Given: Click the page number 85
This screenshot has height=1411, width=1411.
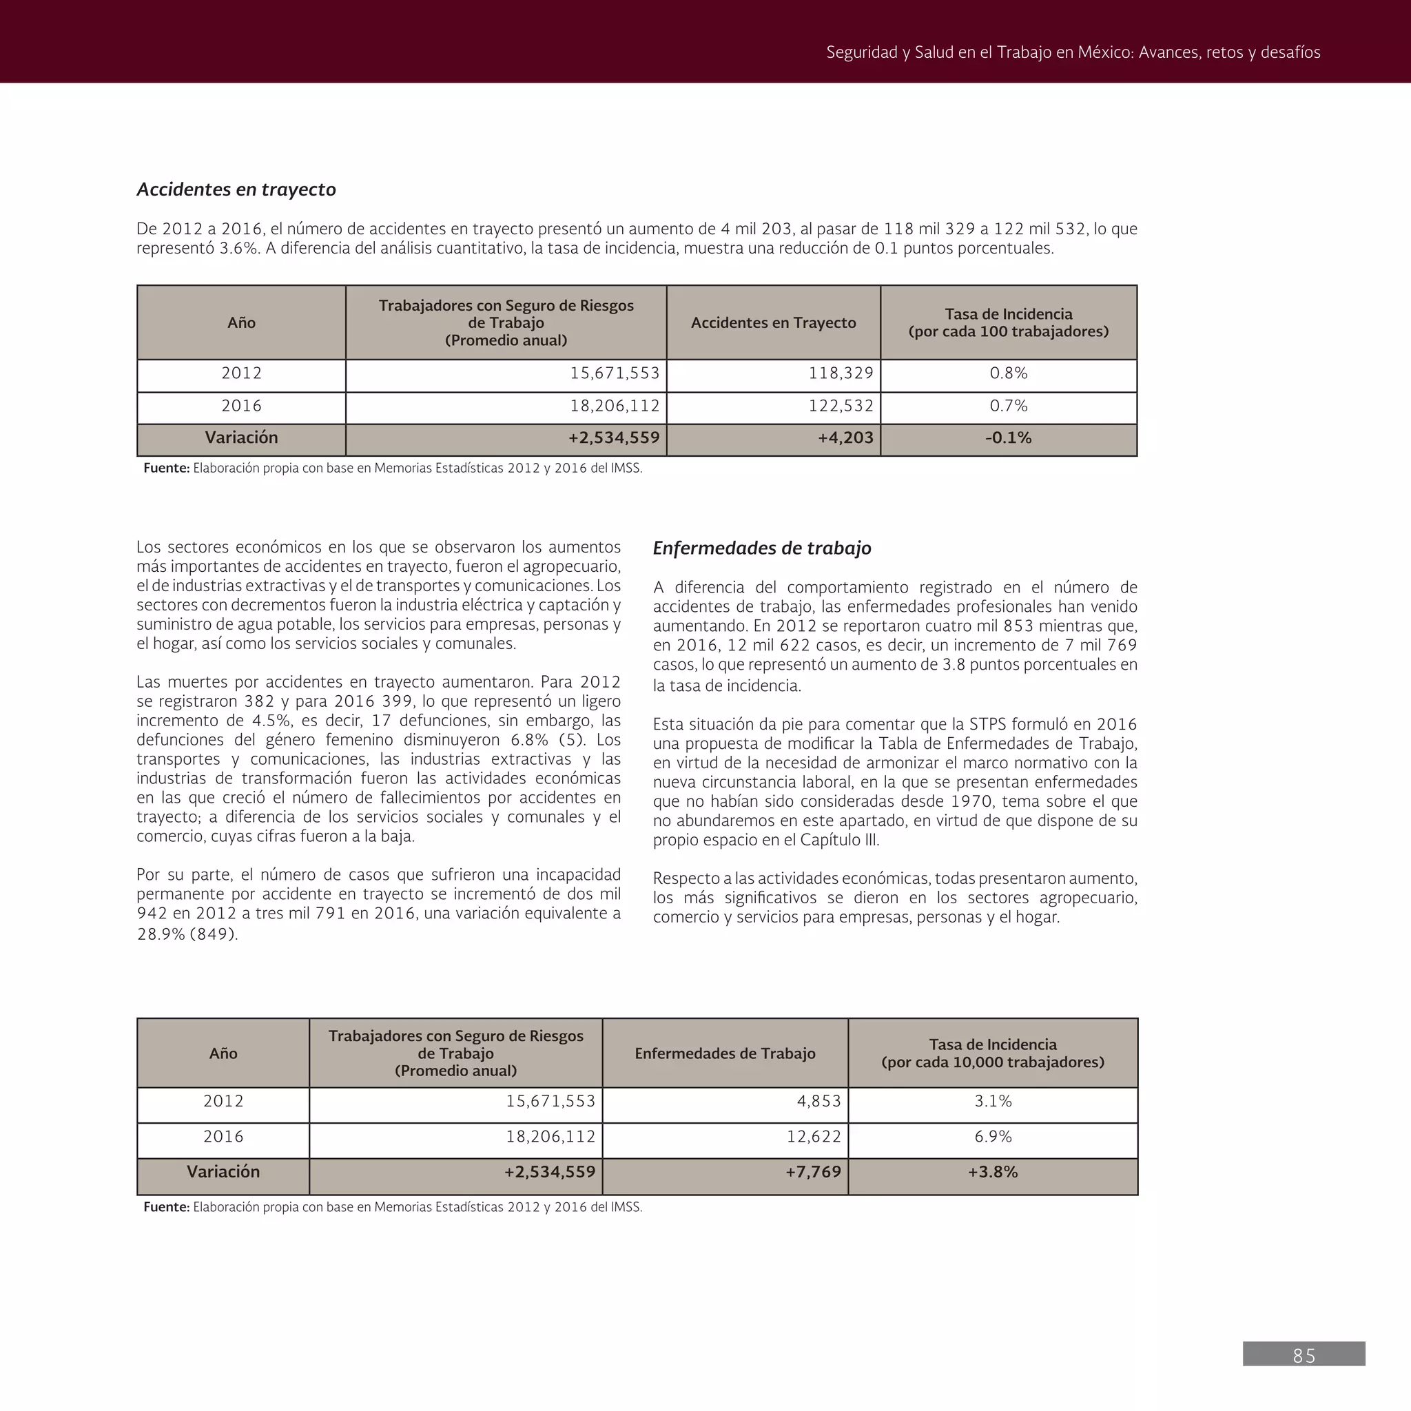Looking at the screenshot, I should pyautogui.click(x=1304, y=1355).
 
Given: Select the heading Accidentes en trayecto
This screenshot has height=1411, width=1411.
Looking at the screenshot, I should pyautogui.click(x=236, y=189).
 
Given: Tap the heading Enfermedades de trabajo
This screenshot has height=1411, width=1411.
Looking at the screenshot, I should pyautogui.click(x=762, y=548).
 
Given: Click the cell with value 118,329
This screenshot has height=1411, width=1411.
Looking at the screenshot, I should pyautogui.click(x=841, y=373).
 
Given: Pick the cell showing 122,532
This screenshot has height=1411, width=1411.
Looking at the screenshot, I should pyautogui.click(x=841, y=406).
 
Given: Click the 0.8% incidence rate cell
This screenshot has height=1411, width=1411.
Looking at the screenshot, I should pyautogui.click(x=1008, y=373).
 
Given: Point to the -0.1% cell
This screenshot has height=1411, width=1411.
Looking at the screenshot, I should pyautogui.click(x=1008, y=438).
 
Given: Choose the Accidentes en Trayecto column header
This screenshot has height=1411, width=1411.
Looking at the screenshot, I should pyautogui.click(x=773, y=323).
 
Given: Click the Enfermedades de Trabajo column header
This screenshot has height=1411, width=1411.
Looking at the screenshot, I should pyautogui.click(x=725, y=1053).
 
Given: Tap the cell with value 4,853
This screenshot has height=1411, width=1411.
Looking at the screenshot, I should pyautogui.click(x=818, y=1102).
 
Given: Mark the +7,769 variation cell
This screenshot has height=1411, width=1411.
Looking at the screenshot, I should pyautogui.click(x=813, y=1172).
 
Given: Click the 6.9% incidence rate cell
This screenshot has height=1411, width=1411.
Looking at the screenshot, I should pyautogui.click(x=993, y=1136).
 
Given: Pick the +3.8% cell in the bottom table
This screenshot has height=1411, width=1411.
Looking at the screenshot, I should pyautogui.click(x=993, y=1172).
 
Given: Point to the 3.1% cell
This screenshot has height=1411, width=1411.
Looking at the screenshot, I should pyautogui.click(x=993, y=1102).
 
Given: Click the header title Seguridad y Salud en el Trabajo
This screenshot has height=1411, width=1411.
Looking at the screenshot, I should pyautogui.click(x=1072, y=52).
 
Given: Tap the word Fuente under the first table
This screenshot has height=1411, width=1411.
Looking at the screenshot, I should pyautogui.click(x=166, y=468).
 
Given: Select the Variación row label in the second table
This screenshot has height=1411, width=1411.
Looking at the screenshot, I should pyautogui.click(x=223, y=1172).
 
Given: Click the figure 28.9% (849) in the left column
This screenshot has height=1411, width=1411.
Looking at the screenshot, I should pyautogui.click(x=187, y=934).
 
